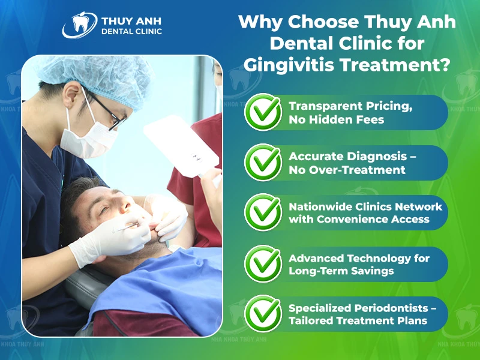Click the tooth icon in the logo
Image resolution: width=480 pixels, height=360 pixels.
(80, 23)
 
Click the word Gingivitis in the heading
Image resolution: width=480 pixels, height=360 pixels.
(289, 65)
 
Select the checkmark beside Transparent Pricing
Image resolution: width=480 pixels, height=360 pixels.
(263, 112)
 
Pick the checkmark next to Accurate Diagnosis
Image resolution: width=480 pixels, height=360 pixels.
(263, 162)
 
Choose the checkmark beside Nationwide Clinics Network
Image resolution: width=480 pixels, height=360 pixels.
(263, 212)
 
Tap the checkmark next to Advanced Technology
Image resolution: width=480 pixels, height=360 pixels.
(263, 263)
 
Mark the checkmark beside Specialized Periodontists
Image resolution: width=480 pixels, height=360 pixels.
(263, 313)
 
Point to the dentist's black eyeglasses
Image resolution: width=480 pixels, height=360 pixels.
(107, 111)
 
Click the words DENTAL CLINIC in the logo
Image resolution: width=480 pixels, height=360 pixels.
(131, 31)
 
